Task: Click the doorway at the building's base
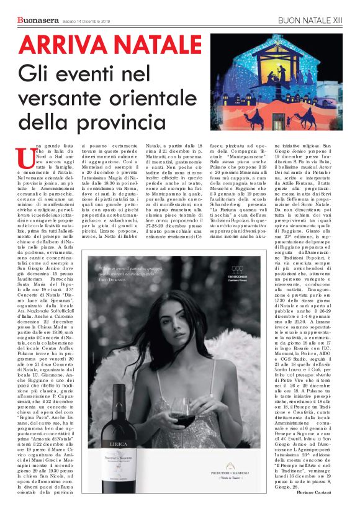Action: (x=282, y=118)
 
